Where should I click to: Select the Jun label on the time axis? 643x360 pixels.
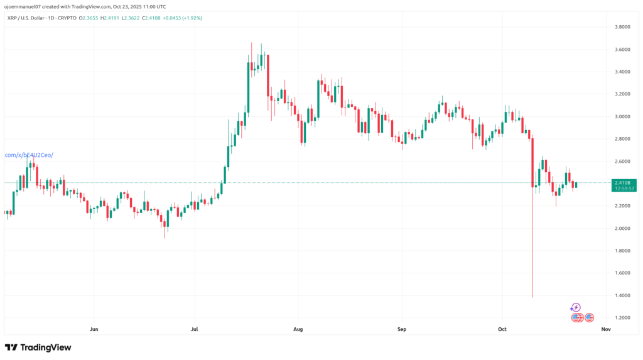click(94, 328)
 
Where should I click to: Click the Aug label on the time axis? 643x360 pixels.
click(298, 328)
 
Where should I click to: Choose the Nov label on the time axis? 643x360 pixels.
click(605, 328)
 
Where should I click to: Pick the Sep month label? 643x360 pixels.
click(402, 328)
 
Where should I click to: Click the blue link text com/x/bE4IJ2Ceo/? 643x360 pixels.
click(28, 155)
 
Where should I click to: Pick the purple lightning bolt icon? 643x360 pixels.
click(575, 307)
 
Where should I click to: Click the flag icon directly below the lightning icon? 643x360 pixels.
click(576, 317)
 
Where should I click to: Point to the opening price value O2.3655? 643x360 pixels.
click(89, 18)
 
